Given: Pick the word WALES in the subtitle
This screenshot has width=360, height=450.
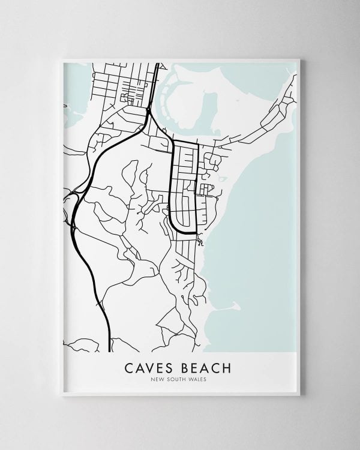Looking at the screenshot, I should click(200, 379).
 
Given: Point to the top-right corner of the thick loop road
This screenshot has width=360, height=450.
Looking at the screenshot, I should click(197, 145).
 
